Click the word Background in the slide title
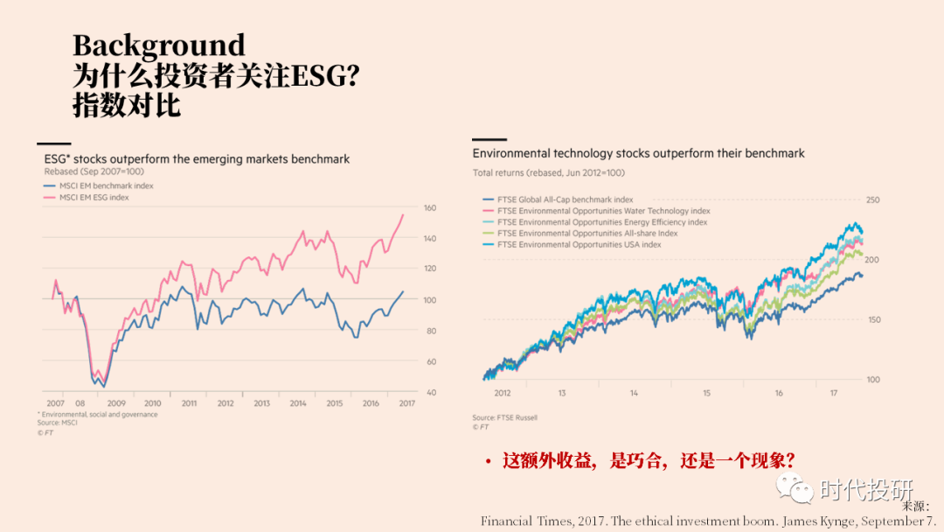click(158, 45)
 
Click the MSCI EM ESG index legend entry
click(94, 197)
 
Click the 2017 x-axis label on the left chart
click(407, 403)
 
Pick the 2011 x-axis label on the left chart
click(189, 403)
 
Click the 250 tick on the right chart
click(873, 200)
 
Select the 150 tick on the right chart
click(873, 320)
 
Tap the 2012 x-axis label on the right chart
click(503, 393)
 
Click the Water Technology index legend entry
click(603, 211)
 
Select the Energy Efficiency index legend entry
click(602, 222)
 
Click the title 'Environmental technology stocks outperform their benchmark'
click(638, 153)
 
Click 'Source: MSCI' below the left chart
click(57, 423)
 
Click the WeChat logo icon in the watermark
click(795, 487)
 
